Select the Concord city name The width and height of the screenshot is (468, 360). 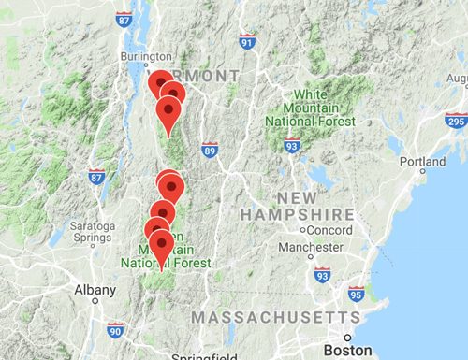[x=328, y=230]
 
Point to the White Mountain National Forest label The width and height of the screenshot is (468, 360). [x=310, y=108]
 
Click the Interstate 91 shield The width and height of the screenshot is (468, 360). [x=246, y=42]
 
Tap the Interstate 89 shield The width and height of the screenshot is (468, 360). [x=210, y=150]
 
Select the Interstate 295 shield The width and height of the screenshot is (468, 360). [x=456, y=121]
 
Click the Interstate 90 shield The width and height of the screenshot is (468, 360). [x=115, y=329]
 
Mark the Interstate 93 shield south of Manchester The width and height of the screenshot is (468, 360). [x=323, y=274]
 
